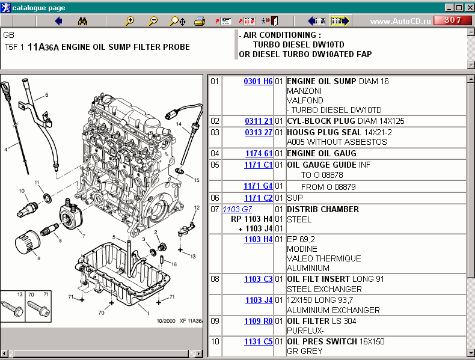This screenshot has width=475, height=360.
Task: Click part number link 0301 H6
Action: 258,81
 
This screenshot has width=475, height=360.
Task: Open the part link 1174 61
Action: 259,153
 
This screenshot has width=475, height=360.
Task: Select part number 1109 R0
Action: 259,321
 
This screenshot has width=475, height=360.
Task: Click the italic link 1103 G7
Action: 237,209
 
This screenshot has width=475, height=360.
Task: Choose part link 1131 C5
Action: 259,341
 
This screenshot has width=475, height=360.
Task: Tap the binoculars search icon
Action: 82,21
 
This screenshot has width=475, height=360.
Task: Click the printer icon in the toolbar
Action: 200,21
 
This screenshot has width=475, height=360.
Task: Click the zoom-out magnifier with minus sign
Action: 153,21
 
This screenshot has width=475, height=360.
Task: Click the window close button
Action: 470,8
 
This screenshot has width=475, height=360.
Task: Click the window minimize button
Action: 449,8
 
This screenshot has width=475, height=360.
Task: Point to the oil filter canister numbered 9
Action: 27,242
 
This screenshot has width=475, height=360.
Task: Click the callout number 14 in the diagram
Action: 179,124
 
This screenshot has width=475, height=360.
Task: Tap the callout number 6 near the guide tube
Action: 47,95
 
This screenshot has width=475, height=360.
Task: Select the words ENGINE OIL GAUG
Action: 322,153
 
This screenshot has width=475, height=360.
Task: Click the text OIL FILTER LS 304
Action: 322,321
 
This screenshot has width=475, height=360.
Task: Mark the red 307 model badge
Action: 453,20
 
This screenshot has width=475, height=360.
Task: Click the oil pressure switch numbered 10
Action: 27,209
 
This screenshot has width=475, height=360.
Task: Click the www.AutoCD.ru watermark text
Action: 400,21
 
